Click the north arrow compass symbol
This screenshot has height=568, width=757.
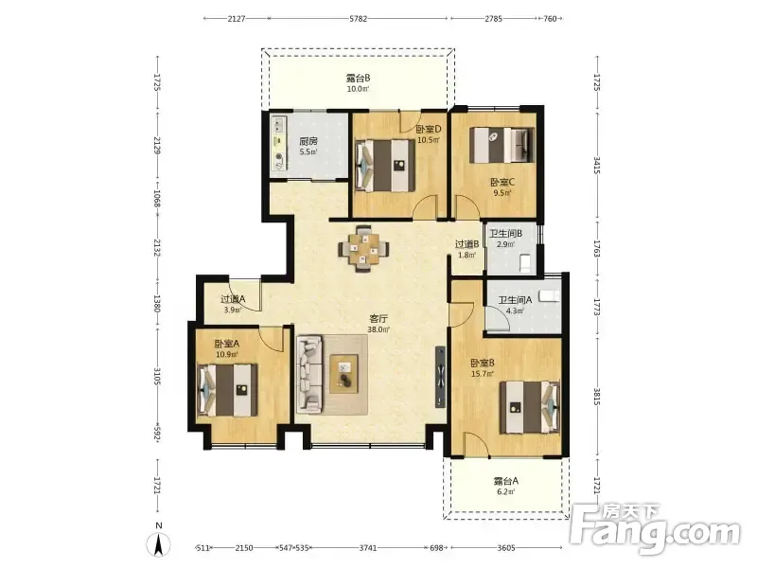(x=158, y=545)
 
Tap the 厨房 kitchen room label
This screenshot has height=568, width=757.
(x=308, y=141)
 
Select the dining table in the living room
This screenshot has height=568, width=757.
(x=363, y=249)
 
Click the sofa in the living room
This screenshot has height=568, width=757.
(x=309, y=375)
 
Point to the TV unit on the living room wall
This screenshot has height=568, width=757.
(x=440, y=377)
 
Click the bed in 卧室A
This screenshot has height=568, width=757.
(x=227, y=390)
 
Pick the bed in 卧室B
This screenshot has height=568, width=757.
(x=530, y=408)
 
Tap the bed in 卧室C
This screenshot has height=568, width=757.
(x=502, y=145)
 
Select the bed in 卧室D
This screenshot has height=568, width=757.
(x=385, y=166)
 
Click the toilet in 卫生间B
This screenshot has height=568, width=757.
(x=525, y=263)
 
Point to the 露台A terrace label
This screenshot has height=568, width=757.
(x=506, y=481)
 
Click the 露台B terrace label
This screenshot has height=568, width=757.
(x=359, y=78)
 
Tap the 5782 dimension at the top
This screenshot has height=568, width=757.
(x=359, y=19)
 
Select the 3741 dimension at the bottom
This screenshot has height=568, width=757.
(x=368, y=548)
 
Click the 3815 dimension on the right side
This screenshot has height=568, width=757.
(x=597, y=397)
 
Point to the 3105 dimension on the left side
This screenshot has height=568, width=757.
(x=157, y=376)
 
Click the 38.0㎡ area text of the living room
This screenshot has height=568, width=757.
(x=378, y=329)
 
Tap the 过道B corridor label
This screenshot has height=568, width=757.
(x=467, y=244)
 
